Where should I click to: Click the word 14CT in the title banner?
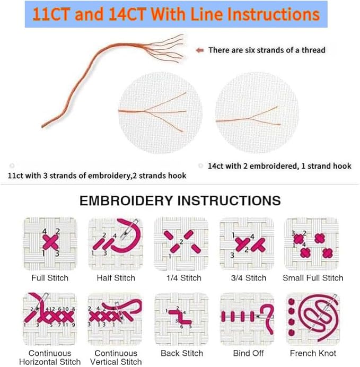point(128,14)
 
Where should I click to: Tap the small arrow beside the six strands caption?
point(200,50)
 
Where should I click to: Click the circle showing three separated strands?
point(160,113)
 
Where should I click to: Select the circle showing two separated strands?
point(257,113)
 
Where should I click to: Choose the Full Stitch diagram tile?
point(50,244)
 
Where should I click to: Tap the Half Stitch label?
point(116,278)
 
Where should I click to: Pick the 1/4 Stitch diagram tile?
point(181,244)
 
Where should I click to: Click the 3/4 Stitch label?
point(249,278)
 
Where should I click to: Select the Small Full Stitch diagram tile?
point(312,244)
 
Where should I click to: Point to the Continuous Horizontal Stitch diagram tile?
point(50,319)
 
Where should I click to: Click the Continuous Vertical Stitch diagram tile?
point(115,319)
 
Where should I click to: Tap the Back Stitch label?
point(182,353)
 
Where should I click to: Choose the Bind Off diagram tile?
point(247,319)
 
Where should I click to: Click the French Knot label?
point(313,353)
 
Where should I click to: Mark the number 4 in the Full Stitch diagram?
point(45,231)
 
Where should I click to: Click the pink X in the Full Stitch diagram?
point(50,242)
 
